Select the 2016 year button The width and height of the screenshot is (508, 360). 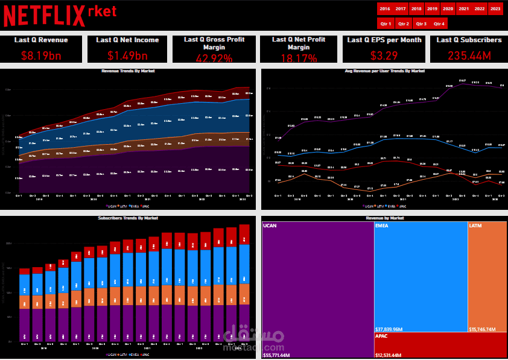pos(385,9)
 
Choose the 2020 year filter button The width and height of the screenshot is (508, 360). pos(448,9)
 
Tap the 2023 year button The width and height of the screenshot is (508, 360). pos(495,9)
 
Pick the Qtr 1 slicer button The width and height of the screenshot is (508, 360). pos(386,24)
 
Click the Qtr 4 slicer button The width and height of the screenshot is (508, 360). pos(439,24)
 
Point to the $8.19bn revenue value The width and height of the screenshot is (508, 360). pos(40,56)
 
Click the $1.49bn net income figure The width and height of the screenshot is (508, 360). pos(127,56)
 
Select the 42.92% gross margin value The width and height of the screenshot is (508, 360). pos(214,58)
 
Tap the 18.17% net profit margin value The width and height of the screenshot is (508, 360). pos(294,58)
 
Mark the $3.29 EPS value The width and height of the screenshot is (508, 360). pos(384,56)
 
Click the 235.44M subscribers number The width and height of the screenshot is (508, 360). pos(469,56)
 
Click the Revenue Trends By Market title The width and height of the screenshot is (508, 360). pos(128,71)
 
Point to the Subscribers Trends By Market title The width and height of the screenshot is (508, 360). pos(128,218)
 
